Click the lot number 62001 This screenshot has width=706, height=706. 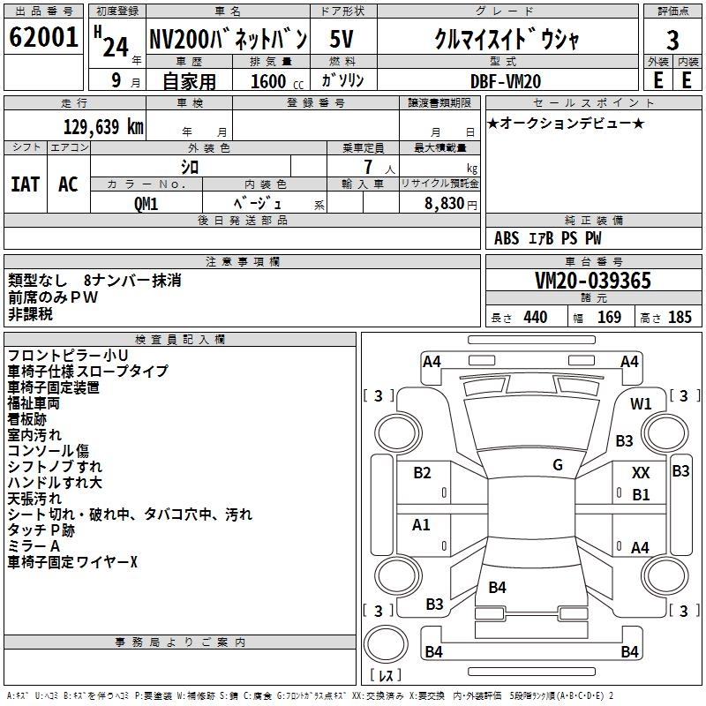tap(43, 39)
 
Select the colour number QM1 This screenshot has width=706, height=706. tap(146, 202)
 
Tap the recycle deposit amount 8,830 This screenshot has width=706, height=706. tap(441, 202)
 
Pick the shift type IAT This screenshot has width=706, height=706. tap(26, 184)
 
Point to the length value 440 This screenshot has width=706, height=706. tap(535, 318)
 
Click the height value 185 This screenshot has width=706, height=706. tap(680, 318)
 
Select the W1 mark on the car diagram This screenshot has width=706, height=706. tap(641, 404)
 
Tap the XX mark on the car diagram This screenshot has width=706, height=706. tap(641, 474)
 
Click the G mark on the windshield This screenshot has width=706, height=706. tap(558, 465)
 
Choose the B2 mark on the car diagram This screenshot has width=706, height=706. tap(423, 473)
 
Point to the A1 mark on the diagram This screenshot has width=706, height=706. tap(422, 525)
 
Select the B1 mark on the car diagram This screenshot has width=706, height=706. tap(641, 495)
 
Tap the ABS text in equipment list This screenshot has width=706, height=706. tap(507, 238)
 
